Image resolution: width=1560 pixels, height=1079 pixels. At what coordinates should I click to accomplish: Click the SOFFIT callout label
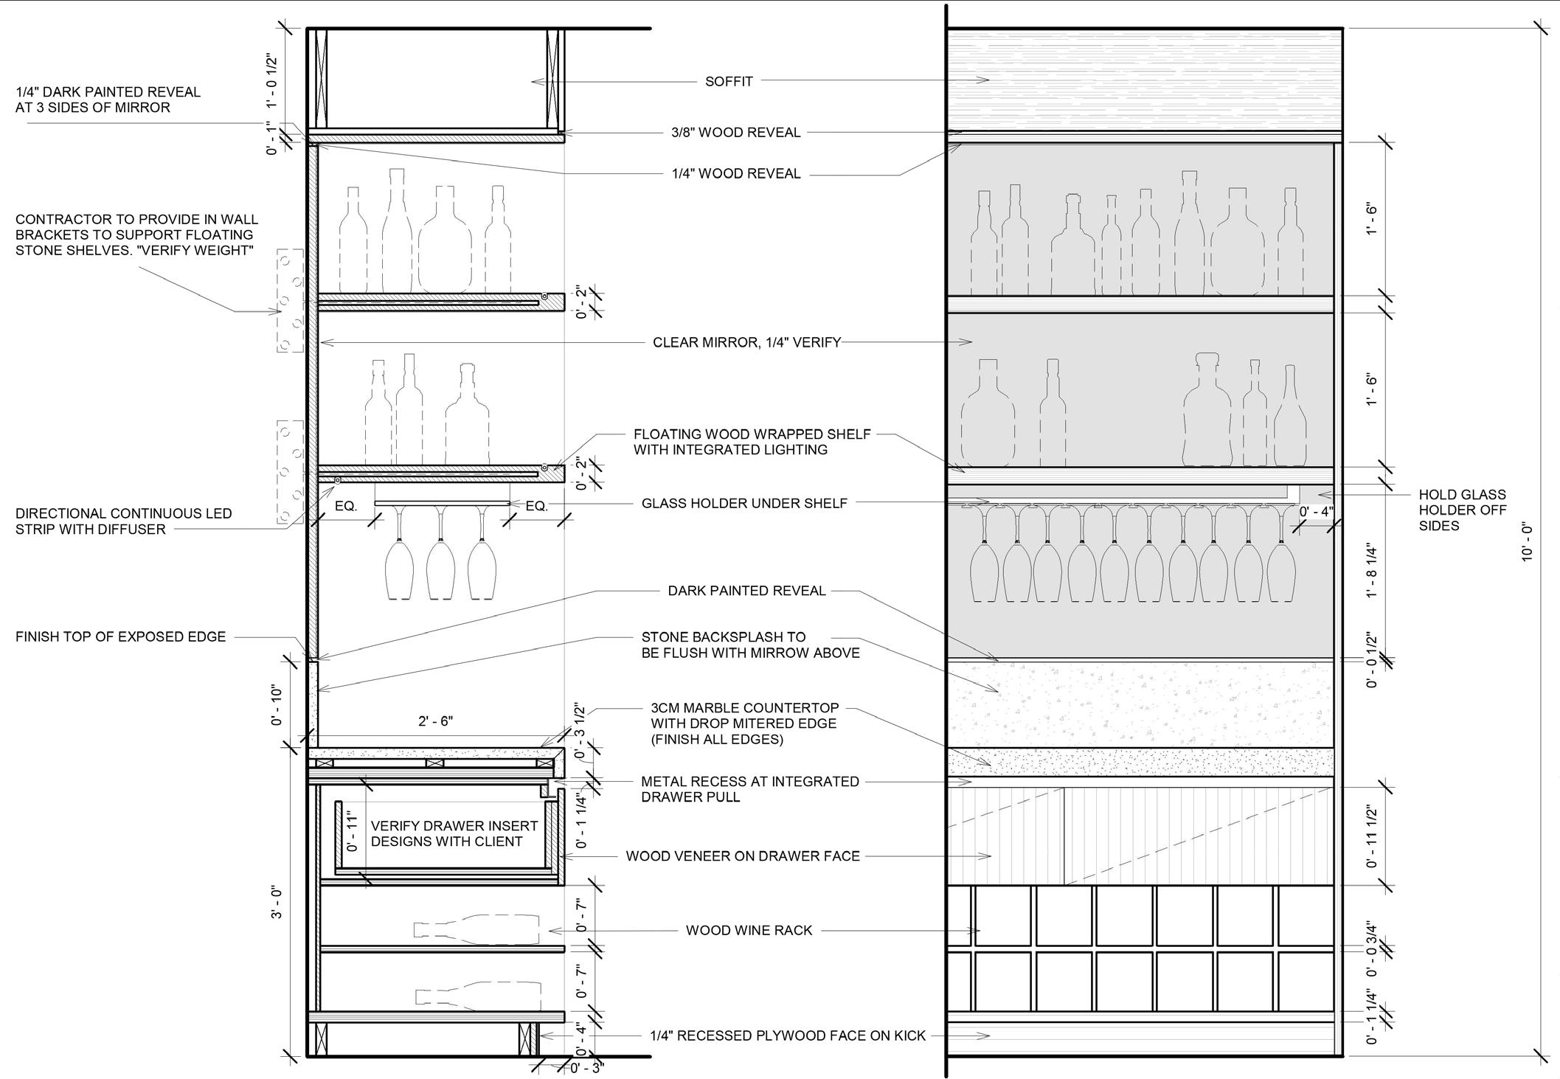(x=728, y=81)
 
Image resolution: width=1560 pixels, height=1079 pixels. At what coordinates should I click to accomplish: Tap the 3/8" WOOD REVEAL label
(x=735, y=133)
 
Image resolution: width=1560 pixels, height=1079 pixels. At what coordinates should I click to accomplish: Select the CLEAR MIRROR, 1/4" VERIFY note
(x=746, y=342)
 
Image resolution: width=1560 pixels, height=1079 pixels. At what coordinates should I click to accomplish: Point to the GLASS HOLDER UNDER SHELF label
(x=744, y=503)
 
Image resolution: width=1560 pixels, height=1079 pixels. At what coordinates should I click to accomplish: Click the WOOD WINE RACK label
(x=749, y=931)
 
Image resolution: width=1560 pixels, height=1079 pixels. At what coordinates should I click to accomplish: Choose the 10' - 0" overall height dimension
(x=1528, y=543)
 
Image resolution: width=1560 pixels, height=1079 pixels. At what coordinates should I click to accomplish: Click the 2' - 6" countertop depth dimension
(x=435, y=721)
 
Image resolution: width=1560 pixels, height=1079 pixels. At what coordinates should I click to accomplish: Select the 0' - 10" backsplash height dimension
(x=277, y=706)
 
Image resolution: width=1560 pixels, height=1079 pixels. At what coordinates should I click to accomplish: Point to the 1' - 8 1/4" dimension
(x=1372, y=571)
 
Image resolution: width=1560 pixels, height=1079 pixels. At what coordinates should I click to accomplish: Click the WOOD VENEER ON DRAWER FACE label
(x=743, y=856)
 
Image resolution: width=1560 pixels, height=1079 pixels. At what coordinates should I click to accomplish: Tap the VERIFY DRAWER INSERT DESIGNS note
(x=454, y=833)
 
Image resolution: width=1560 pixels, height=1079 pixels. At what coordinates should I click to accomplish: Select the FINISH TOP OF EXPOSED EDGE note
(x=120, y=636)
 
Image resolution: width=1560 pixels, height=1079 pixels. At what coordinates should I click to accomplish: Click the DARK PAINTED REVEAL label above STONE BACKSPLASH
(x=746, y=591)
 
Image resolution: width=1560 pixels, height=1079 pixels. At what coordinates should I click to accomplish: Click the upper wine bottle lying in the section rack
(x=476, y=929)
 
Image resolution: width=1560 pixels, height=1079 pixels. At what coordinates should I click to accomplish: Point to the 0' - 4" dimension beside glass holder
(x=1316, y=512)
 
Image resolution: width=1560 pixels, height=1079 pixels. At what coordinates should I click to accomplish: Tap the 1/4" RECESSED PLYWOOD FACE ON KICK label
(x=787, y=1035)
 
